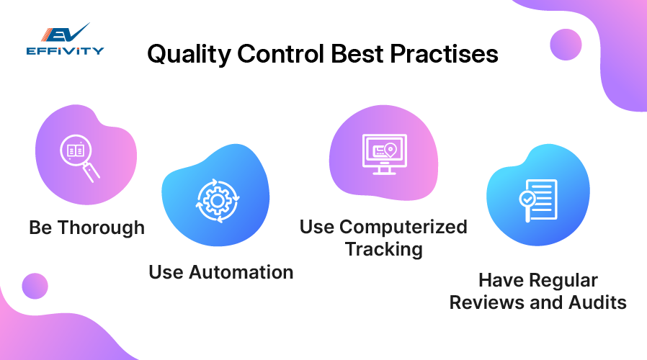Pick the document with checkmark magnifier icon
(x=537, y=199)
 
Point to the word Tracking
(x=383, y=249)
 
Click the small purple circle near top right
(x=566, y=44)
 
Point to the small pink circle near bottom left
(x=35, y=286)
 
